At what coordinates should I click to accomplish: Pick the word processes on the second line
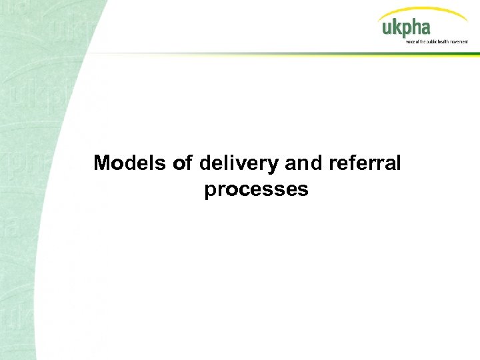pos(257,190)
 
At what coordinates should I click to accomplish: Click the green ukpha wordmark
pos(406,28)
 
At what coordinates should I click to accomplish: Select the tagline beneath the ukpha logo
pos(437,41)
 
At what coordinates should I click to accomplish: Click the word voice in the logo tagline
pos(410,41)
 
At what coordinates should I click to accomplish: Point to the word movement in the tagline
pos(457,41)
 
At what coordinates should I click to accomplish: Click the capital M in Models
pos(102,163)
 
